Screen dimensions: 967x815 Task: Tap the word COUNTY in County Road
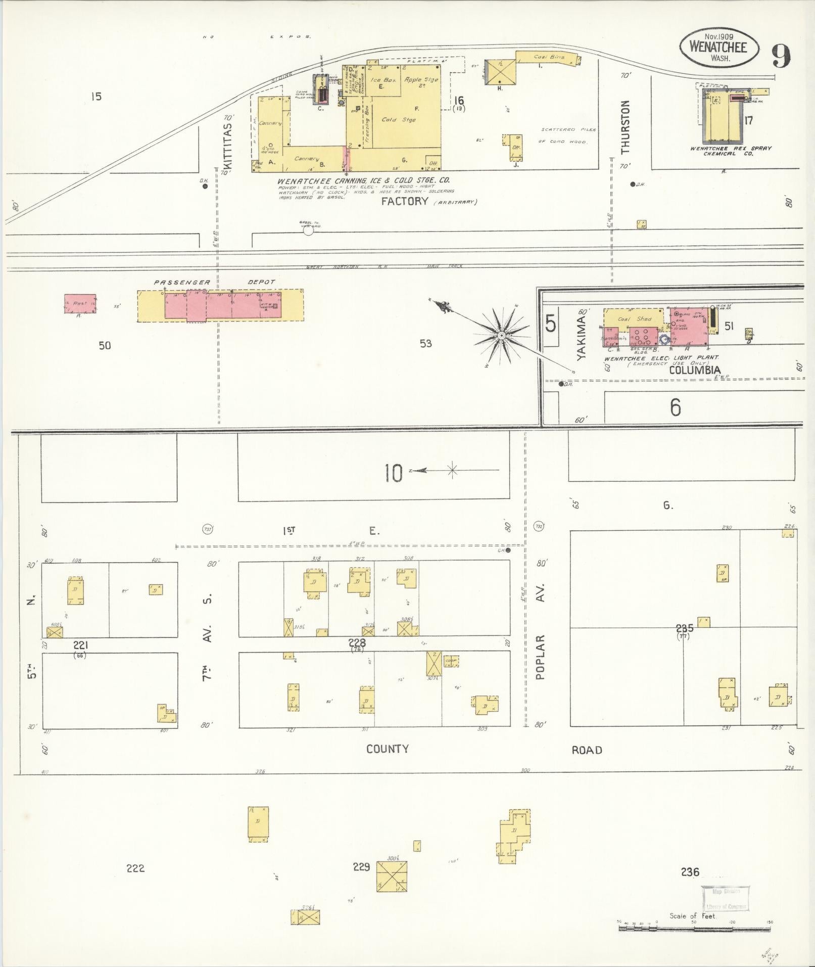(x=388, y=749)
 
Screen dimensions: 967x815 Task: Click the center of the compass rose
(x=501, y=335)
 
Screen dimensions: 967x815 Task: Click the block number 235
(x=685, y=629)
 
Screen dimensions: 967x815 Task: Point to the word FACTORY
(x=405, y=201)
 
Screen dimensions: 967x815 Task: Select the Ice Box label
(x=382, y=80)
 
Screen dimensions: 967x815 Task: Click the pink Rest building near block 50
(x=80, y=304)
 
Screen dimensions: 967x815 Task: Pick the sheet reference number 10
(x=394, y=473)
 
